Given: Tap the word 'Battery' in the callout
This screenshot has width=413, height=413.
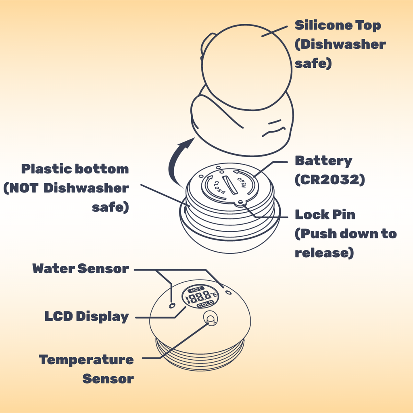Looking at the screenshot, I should pos(323,161).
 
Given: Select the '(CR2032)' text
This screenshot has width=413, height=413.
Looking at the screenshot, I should pos(330,179).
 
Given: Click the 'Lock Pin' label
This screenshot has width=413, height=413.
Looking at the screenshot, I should pos(325,214).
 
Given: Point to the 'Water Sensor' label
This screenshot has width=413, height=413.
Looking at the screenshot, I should pos(81,269).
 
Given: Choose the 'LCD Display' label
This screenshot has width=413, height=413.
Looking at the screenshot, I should pos(86,317).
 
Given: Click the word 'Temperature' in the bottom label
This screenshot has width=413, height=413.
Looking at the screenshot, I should pos(86,360).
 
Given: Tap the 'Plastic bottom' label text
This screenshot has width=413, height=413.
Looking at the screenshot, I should pos(75,169).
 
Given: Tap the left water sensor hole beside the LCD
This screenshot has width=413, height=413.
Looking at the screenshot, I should pos(173,305).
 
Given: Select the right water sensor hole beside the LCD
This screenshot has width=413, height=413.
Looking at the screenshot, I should pos(228,292).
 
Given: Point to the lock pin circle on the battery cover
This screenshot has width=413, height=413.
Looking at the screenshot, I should pos(240,202).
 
